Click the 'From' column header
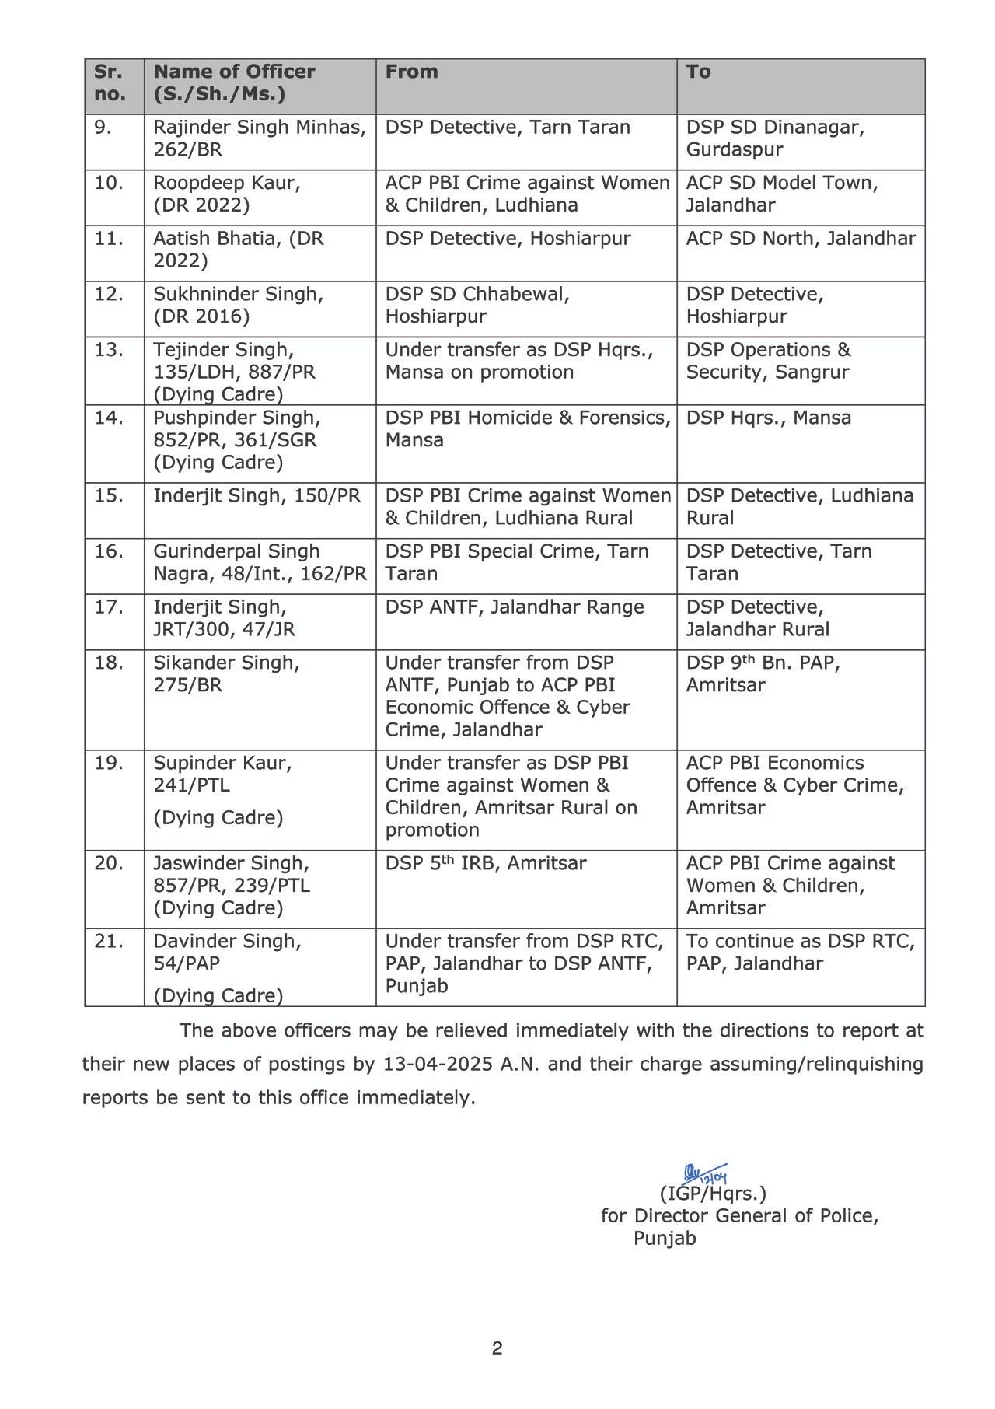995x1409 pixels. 412,72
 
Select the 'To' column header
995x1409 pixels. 698,72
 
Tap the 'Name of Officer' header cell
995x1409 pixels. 234,82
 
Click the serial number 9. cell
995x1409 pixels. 103,128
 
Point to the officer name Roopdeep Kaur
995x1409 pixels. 226,184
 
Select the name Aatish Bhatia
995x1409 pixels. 218,239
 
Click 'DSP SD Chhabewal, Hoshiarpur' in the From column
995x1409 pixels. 477,306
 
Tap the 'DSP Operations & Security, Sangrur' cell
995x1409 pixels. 768,361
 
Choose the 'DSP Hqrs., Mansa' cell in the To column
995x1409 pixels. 768,418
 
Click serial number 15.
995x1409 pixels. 109,496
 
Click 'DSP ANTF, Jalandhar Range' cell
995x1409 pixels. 515,607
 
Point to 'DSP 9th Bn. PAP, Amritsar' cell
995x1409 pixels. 763,673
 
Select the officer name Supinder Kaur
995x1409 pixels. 222,764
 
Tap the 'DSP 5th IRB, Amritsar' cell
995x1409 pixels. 486,863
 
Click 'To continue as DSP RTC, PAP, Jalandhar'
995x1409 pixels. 800,952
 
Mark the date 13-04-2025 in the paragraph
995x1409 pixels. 438,1064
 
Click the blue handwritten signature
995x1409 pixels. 703,1174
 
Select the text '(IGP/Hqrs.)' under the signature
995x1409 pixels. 713,1194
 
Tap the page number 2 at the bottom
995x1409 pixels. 497,1348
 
